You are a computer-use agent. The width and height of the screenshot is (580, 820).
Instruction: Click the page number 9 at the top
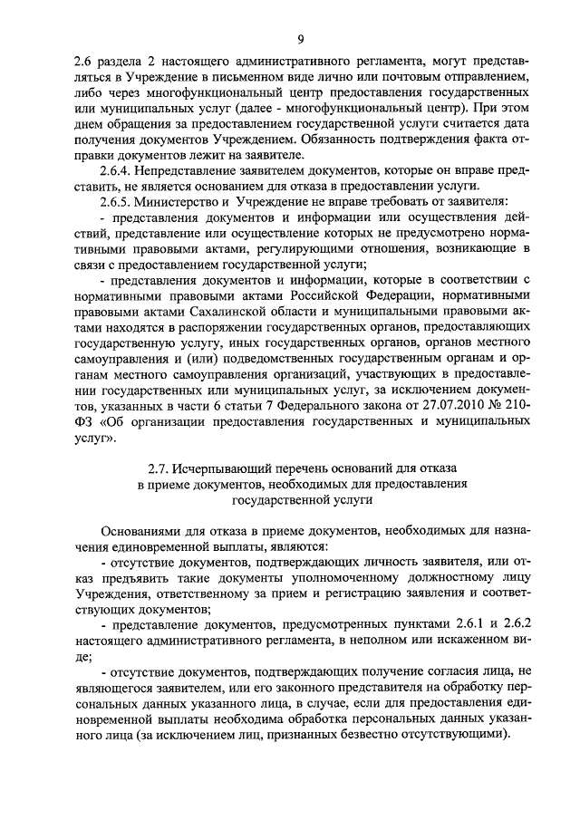point(299,37)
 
